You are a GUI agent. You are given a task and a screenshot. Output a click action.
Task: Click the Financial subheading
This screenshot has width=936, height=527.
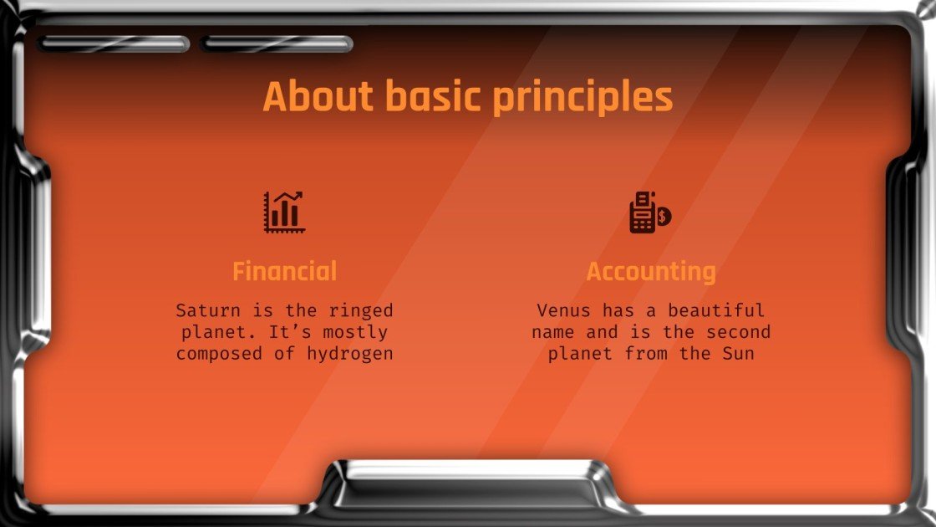tap(284, 271)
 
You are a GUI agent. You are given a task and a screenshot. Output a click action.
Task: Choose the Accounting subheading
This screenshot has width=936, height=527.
tap(651, 271)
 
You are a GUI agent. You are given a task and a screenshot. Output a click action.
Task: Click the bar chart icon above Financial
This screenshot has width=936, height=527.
tap(284, 212)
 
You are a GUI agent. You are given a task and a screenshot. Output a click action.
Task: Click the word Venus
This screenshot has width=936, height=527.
tap(563, 310)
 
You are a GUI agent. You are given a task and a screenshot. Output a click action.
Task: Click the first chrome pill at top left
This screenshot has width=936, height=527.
tap(114, 43)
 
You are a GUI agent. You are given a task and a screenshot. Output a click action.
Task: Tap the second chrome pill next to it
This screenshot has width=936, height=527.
tap(277, 43)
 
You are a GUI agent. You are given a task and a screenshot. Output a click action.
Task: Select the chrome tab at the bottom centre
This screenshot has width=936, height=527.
tap(468, 484)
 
